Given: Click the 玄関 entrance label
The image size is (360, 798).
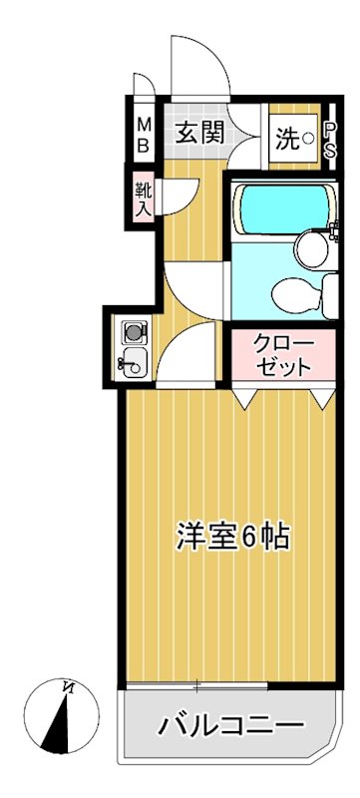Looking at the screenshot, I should click(198, 134).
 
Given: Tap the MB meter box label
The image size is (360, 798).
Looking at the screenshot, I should click(143, 134).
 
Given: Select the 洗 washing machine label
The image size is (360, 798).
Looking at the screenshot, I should click(286, 139).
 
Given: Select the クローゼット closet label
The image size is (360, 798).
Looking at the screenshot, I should click(283, 354).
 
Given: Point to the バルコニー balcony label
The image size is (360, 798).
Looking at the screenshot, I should click(229, 725).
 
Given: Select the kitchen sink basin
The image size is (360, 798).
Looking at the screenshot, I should click(133, 363).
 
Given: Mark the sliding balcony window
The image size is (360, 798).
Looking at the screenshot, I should click(197, 685).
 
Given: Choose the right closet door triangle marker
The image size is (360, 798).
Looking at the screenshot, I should click(321, 396).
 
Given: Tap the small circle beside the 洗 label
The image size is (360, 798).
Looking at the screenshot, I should click(308, 139).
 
